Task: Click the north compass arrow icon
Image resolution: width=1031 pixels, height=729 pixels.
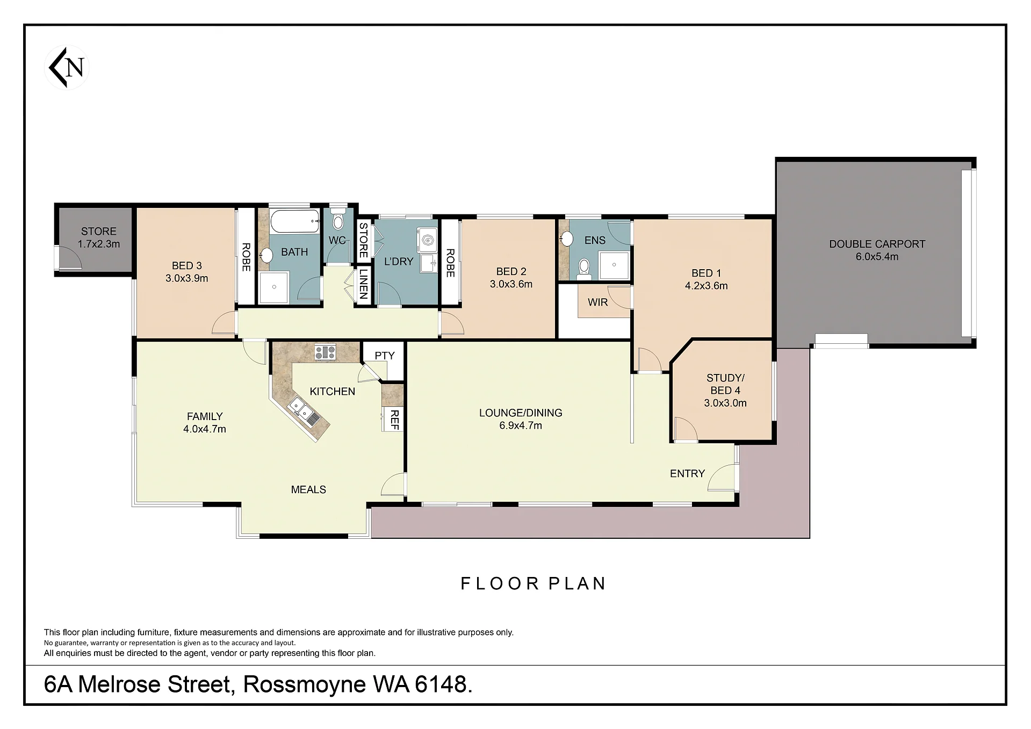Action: click(x=67, y=68)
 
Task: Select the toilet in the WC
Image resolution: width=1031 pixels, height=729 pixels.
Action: click(x=338, y=219)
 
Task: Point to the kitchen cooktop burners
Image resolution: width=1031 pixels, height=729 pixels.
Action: click(x=325, y=352)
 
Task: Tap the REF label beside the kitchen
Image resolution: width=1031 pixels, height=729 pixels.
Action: click(x=394, y=419)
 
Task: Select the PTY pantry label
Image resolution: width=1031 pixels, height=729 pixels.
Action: click(x=384, y=356)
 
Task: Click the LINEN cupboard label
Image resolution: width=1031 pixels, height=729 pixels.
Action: click(x=363, y=285)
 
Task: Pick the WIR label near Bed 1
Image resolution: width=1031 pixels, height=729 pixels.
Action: click(x=597, y=302)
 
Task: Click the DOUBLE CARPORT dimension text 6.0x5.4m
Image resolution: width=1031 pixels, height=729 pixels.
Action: click(x=877, y=257)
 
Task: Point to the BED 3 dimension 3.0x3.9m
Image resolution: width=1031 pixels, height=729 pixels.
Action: click(x=186, y=278)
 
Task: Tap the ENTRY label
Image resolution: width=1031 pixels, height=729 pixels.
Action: click(x=687, y=473)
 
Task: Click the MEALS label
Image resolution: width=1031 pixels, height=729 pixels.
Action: click(x=308, y=489)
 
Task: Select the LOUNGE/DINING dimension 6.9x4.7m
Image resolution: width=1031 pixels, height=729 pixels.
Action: click(x=521, y=425)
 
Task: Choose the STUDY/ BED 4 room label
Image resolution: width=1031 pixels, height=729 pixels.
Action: click(x=725, y=384)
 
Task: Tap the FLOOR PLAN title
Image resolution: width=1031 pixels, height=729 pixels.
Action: click(x=533, y=583)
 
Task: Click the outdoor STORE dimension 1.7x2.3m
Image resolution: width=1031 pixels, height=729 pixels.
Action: click(x=99, y=244)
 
